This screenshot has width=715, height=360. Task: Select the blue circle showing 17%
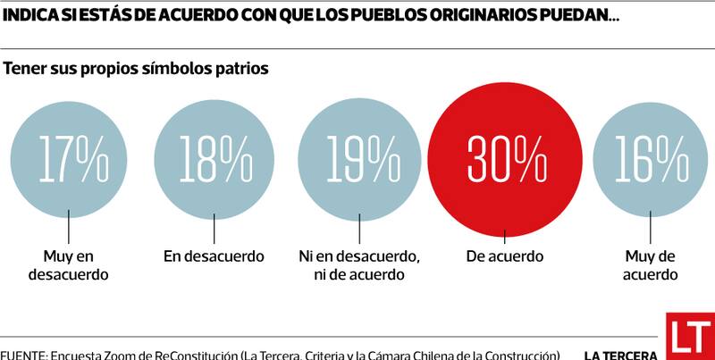69,158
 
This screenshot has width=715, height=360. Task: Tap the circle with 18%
214,158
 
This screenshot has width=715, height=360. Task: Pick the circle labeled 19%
357,158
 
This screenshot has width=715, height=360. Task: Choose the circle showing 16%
650,158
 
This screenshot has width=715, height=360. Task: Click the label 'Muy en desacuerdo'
69,265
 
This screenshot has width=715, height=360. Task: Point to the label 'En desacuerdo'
214,256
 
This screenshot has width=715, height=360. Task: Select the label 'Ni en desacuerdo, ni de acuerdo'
358,265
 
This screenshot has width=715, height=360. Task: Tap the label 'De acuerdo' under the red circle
504,256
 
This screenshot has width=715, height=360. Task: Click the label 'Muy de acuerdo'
650,265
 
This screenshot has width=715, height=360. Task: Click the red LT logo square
690,336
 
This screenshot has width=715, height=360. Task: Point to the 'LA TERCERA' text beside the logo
621,355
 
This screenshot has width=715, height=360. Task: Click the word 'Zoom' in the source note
125,355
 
